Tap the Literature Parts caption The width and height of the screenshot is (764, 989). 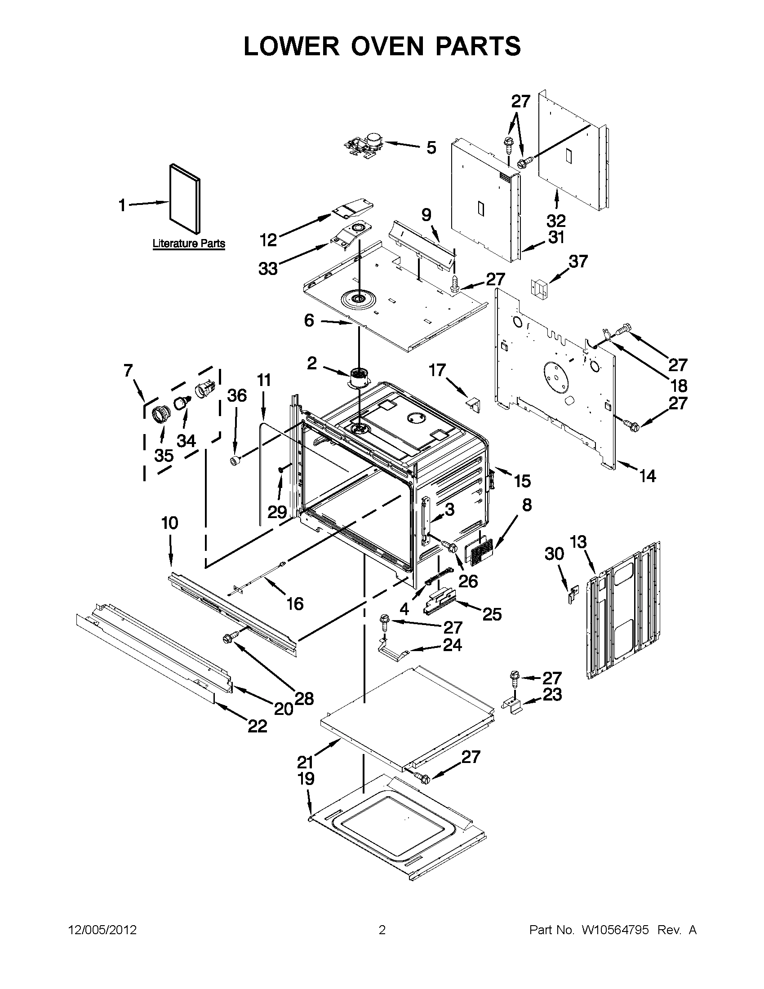(188, 243)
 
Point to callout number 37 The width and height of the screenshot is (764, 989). (578, 261)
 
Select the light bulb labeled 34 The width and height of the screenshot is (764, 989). (182, 401)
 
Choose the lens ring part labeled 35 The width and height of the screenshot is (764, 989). (160, 413)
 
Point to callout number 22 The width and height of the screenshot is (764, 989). (257, 726)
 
